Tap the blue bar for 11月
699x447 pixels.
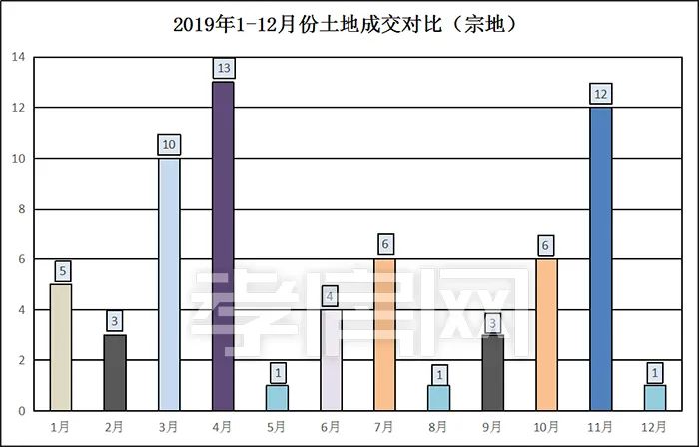tap(600, 258)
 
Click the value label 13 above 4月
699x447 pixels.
tap(223, 68)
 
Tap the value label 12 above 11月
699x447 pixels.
tap(600, 93)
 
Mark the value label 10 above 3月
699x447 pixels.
tap(169, 145)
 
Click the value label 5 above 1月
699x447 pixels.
tap(61, 270)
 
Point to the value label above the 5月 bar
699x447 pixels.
tap(277, 372)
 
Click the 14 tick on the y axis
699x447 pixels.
tap(18, 57)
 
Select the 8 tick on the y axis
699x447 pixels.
tap(18, 209)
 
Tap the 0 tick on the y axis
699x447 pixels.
tap(18, 410)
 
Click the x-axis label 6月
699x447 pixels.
tap(331, 427)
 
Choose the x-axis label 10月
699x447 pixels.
tap(546, 427)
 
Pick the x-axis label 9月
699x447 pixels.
tap(492, 427)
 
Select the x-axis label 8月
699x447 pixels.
tap(438, 427)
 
